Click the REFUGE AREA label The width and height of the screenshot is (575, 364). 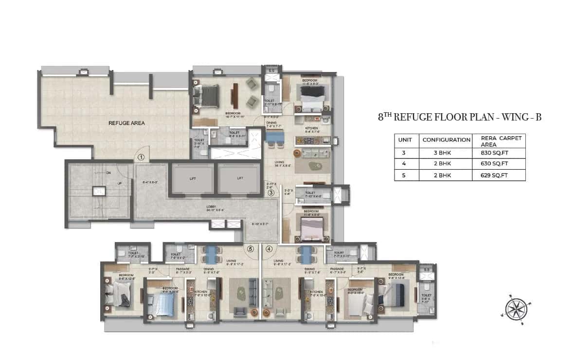[x=126, y=123]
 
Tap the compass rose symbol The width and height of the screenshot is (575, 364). [x=514, y=308]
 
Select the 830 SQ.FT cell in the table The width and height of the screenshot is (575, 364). [x=498, y=153]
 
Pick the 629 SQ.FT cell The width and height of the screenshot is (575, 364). [x=498, y=175]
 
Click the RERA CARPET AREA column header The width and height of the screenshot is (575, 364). [x=498, y=141]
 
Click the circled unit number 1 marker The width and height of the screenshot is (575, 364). [x=141, y=157]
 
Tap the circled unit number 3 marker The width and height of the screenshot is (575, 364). [x=271, y=192]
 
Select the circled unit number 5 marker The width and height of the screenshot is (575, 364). [x=251, y=249]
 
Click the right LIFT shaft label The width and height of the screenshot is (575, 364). [x=239, y=178]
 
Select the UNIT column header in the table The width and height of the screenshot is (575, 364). [x=406, y=140]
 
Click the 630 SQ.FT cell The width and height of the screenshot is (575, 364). [x=498, y=164]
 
